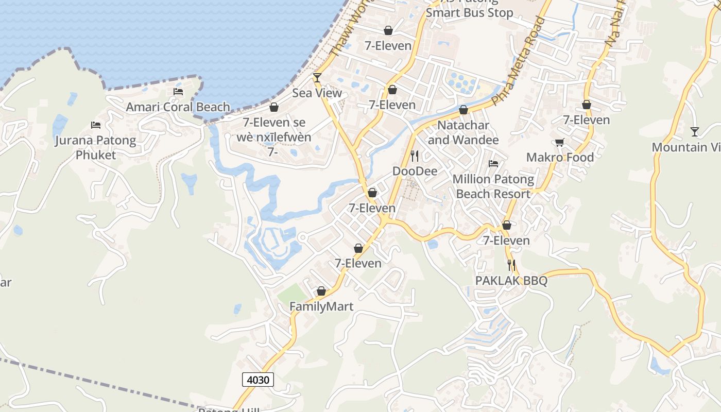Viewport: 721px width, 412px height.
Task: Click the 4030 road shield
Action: point(257,380)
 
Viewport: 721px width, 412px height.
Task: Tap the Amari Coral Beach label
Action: point(178,107)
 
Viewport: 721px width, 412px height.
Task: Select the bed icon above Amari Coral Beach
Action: point(178,92)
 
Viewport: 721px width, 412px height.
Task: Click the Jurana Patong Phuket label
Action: point(96,147)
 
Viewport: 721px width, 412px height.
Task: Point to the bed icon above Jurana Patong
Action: point(96,125)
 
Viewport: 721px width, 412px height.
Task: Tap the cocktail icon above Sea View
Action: point(317,78)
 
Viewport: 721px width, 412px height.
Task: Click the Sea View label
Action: point(317,93)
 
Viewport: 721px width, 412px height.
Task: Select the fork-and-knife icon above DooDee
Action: point(415,156)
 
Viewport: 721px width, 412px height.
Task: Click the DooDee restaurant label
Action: point(415,171)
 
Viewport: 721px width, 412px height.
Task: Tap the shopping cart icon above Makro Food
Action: point(560,142)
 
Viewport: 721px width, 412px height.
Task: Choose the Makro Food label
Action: point(560,158)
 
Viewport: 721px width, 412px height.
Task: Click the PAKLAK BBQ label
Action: point(511,281)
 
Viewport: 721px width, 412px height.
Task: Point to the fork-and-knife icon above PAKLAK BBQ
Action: point(511,265)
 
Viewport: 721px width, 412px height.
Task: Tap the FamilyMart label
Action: point(321,307)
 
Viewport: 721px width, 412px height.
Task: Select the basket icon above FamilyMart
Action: point(321,291)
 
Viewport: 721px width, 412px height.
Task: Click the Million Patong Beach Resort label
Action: point(493,186)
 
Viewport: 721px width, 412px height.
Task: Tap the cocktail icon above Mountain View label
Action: point(695,132)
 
